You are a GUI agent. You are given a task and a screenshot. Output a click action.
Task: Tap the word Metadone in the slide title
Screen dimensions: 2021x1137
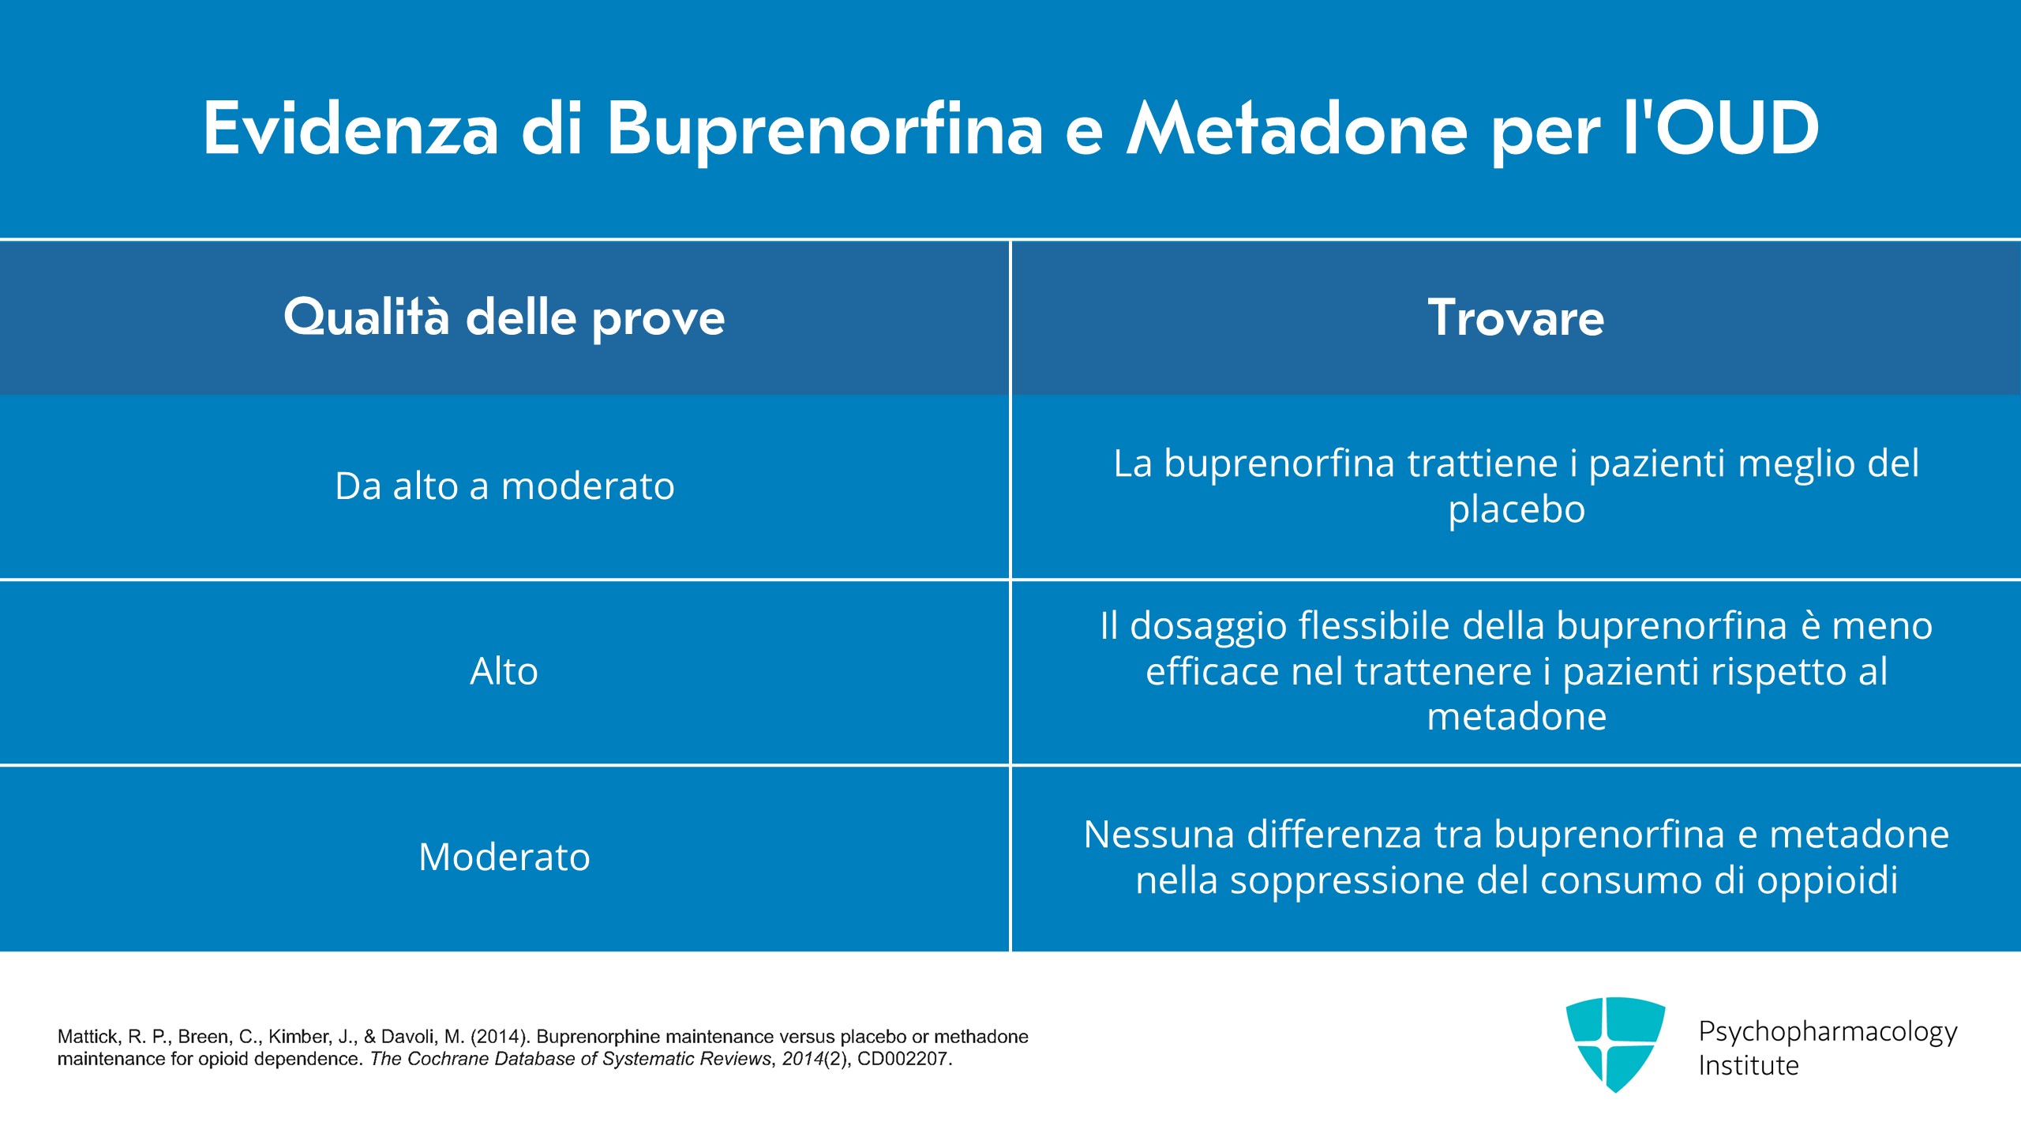pyautogui.click(x=1297, y=128)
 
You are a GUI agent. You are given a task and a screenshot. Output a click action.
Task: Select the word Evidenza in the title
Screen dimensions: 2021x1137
pyautogui.click(x=351, y=128)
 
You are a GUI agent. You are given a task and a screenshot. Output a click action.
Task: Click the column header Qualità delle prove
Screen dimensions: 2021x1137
pyautogui.click(x=504, y=317)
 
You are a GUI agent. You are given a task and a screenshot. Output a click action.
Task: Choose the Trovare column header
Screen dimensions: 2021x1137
pyautogui.click(x=1516, y=317)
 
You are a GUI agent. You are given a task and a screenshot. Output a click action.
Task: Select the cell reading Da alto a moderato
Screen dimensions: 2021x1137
pyautogui.click(x=504, y=486)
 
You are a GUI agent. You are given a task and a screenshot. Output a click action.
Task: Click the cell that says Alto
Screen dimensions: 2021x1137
pyautogui.click(x=504, y=671)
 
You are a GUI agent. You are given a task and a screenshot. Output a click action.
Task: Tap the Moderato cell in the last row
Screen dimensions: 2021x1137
pyautogui.click(x=504, y=857)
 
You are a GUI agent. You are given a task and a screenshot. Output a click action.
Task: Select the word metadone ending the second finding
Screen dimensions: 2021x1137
pyautogui.click(x=1517, y=717)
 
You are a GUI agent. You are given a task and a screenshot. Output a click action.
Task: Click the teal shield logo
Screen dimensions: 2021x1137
pyautogui.click(x=1616, y=1045)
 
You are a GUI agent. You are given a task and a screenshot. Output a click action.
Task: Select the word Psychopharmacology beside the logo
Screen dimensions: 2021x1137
pyautogui.click(x=1828, y=1032)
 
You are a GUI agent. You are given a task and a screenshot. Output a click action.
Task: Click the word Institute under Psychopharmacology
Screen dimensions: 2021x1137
pyautogui.click(x=1749, y=1065)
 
